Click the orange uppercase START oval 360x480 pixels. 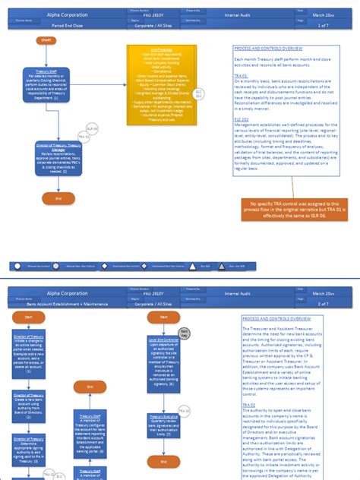(x=45, y=40)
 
